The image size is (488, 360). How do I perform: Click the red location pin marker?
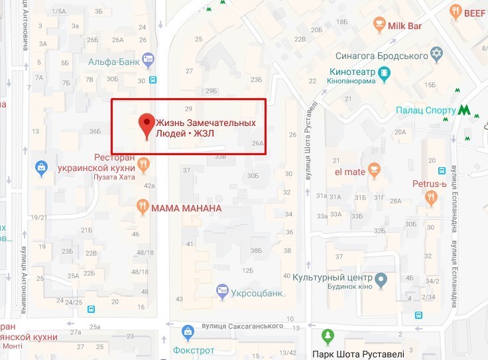click(147, 125)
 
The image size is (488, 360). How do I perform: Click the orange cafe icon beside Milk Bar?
click(379, 25)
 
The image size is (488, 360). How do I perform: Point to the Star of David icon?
click(436, 52)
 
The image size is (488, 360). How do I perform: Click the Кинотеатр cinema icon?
click(383, 72)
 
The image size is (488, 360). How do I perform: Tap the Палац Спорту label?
click(426, 110)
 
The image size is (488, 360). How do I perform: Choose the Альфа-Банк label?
click(114, 62)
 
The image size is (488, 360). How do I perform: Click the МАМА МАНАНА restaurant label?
click(186, 208)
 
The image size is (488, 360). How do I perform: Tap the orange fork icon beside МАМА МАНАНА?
click(142, 208)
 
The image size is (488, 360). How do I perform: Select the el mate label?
click(349, 172)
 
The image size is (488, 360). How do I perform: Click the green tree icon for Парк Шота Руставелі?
click(327, 337)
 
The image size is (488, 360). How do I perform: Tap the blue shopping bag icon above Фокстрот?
click(188, 330)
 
